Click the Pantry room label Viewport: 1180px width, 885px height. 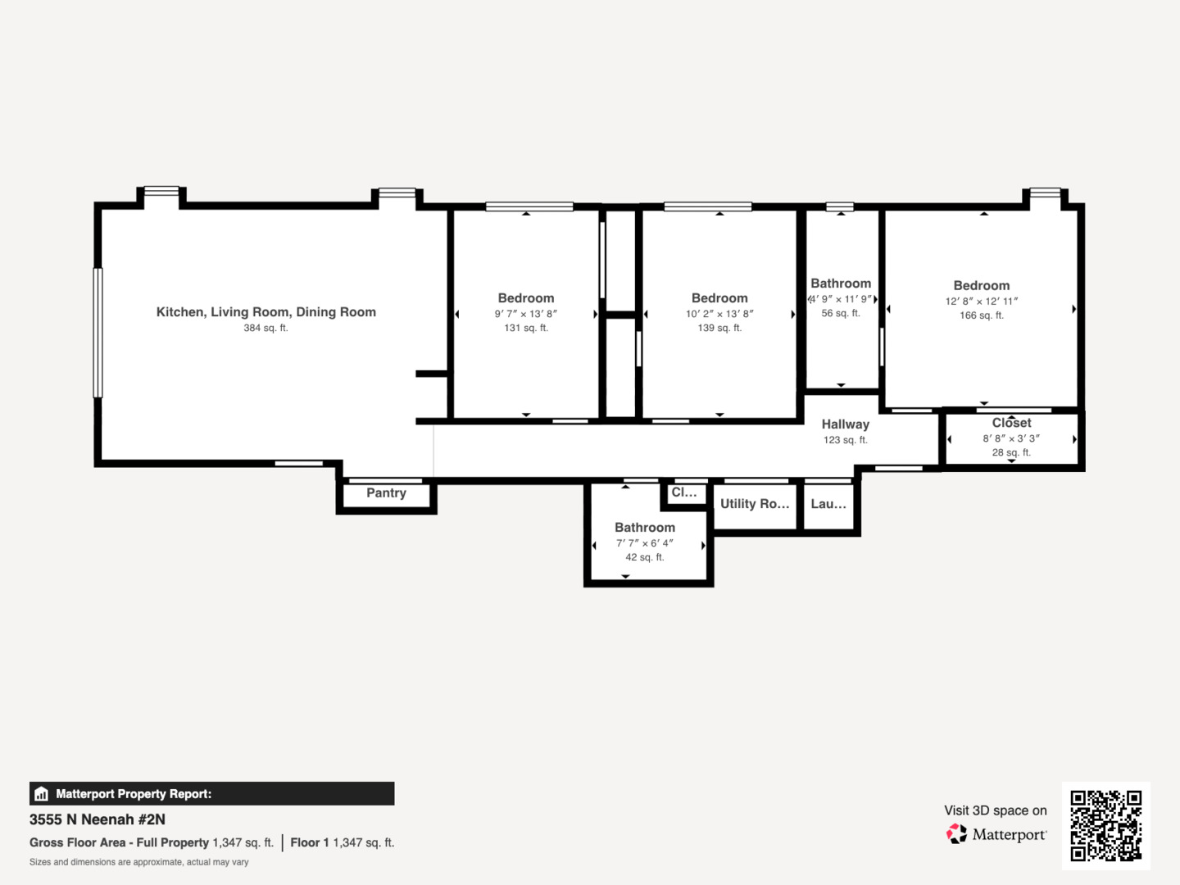pos(386,492)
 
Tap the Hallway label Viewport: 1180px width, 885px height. pos(845,424)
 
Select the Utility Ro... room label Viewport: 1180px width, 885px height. pos(755,503)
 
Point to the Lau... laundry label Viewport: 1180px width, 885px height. pos(828,503)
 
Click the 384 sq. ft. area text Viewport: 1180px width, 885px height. pos(265,328)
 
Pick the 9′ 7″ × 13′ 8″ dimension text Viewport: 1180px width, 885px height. pos(526,314)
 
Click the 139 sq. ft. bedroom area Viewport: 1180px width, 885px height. pos(719,328)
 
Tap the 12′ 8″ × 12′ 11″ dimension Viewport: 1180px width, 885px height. pos(982,302)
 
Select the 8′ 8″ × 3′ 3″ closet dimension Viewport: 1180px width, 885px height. pos(1011,438)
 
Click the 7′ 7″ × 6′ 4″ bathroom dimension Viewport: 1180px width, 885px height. pos(645,543)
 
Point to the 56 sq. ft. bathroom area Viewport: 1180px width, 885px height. pos(841,313)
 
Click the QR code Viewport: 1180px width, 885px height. pos(1105,825)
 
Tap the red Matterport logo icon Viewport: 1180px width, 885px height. pos(956,834)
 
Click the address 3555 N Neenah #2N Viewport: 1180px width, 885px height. pos(98,819)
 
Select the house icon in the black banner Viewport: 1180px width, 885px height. pos(42,794)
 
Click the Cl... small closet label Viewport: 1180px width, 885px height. pos(683,492)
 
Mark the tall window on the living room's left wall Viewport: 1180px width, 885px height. pos(98,333)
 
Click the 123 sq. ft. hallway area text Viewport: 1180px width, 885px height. pos(845,440)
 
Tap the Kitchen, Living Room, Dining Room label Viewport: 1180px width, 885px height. pos(266,312)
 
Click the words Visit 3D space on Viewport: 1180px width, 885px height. pos(995,810)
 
